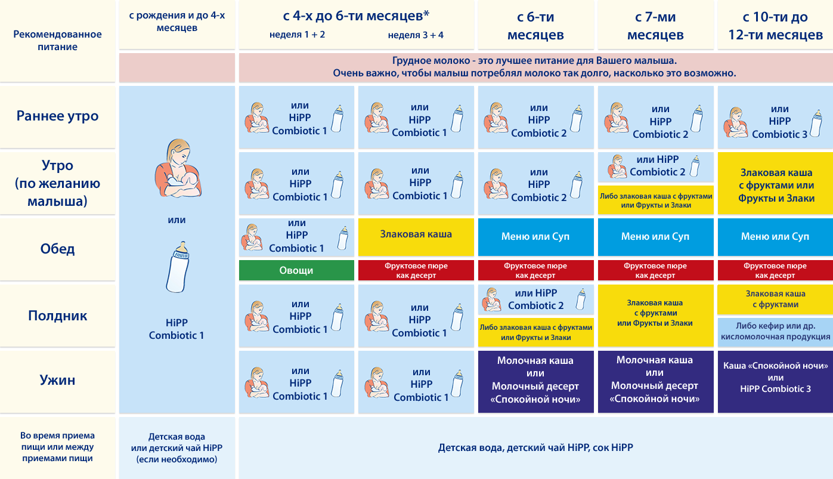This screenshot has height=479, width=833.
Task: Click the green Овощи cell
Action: (296, 270)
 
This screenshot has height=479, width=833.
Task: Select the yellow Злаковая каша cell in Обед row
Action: (416, 234)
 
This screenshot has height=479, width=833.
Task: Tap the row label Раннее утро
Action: (58, 116)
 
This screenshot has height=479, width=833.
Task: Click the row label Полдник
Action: (58, 316)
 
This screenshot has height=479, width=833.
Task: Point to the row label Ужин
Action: (58, 380)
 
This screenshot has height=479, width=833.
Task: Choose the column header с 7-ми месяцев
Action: (655, 26)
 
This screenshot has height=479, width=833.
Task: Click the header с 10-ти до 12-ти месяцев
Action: (775, 26)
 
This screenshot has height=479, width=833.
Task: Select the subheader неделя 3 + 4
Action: (416, 35)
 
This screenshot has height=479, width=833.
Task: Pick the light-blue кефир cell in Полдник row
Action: (775, 331)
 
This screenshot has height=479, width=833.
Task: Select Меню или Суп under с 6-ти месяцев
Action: (535, 237)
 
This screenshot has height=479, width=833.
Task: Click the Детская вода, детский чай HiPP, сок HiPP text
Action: (535, 447)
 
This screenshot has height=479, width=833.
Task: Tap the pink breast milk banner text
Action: (535, 67)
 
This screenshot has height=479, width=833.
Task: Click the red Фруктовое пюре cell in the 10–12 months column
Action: (775, 270)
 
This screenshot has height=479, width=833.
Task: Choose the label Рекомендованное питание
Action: (58, 41)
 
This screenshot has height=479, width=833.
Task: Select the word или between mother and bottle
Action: (177, 220)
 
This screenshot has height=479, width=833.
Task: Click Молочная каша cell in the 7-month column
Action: (655, 380)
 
